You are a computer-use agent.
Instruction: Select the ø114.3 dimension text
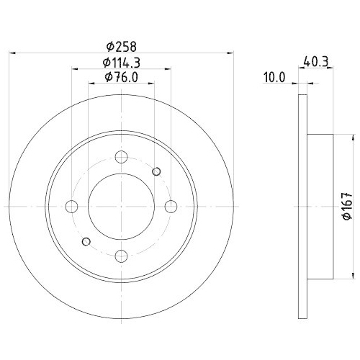(x=122, y=62)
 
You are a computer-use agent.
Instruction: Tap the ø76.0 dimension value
(x=122, y=77)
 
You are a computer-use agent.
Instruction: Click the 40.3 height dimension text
(x=312, y=63)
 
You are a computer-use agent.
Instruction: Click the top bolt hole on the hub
(x=122, y=156)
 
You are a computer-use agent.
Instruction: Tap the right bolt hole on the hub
(x=171, y=207)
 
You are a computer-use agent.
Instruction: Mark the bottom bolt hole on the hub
(x=122, y=255)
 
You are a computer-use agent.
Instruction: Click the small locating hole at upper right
(x=158, y=171)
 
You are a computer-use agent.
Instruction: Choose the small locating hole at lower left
(x=86, y=240)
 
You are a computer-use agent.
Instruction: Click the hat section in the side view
(x=321, y=207)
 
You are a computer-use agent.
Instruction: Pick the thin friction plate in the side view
(x=303, y=207)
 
